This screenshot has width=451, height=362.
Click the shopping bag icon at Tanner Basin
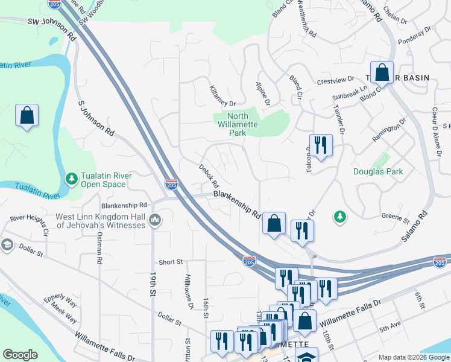pyautogui.click(x=382, y=73)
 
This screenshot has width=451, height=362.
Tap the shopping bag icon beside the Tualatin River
pyautogui.click(x=27, y=115)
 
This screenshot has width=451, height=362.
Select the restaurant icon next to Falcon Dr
pyautogui.click(x=320, y=145)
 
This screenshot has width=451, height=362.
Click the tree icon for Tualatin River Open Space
pyautogui.click(x=71, y=179)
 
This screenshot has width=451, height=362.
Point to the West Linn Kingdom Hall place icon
pyautogui.click(x=156, y=221)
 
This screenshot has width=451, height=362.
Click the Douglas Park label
pyautogui.click(x=378, y=172)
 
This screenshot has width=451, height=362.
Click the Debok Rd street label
pyautogui.click(x=209, y=174)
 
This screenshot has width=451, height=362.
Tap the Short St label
pyautogui.click(x=171, y=262)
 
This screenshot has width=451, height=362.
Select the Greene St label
pyautogui.click(x=395, y=215)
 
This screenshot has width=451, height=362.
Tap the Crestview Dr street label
pyautogui.click(x=336, y=80)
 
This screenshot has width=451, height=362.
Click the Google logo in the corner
pyautogui.click(x=20, y=355)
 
